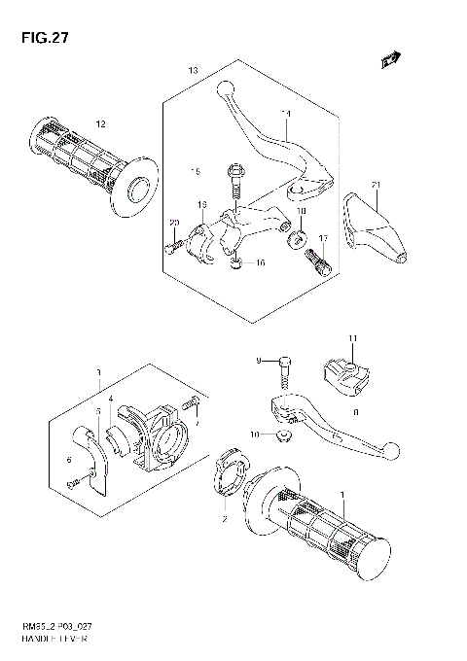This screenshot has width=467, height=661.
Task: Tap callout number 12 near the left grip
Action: click(x=99, y=122)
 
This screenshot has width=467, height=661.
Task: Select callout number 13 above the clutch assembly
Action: click(x=193, y=71)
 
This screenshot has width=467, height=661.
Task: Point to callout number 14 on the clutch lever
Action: click(x=286, y=114)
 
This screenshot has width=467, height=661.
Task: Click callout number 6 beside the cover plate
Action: click(x=68, y=460)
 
